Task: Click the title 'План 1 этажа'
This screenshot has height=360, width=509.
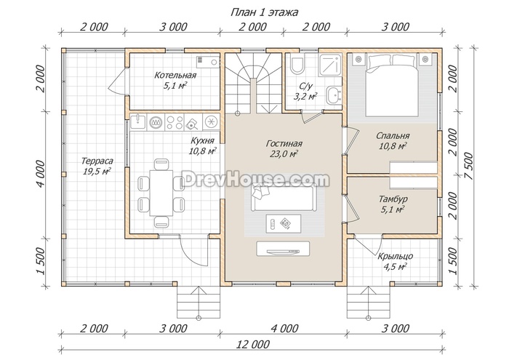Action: pos(264,12)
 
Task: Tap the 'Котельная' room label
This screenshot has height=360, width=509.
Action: pos(175,76)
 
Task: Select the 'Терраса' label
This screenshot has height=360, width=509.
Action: pos(97,161)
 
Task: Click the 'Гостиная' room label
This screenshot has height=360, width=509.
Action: pos(284,143)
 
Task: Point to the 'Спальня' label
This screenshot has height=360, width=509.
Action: pos(393,136)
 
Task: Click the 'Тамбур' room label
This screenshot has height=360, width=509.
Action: pos(393,199)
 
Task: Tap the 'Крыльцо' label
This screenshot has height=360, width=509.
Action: pos(395,256)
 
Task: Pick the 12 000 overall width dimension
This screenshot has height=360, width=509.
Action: pos(253,344)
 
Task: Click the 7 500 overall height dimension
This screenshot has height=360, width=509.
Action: pos(470,167)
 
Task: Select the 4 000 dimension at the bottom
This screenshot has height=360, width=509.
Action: pos(284,329)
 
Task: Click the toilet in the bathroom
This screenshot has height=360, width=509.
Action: pos(297,64)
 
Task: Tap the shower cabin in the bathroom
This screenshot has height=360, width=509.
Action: pos(330,65)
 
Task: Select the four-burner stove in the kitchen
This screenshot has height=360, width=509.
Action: pos(175,122)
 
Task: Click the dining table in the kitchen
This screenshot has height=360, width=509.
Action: pos(161,193)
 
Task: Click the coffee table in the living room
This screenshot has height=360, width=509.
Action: pos(283,223)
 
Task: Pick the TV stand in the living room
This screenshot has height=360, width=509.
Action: pos(283,248)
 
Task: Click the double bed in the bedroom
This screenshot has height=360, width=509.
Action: pos(392,85)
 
